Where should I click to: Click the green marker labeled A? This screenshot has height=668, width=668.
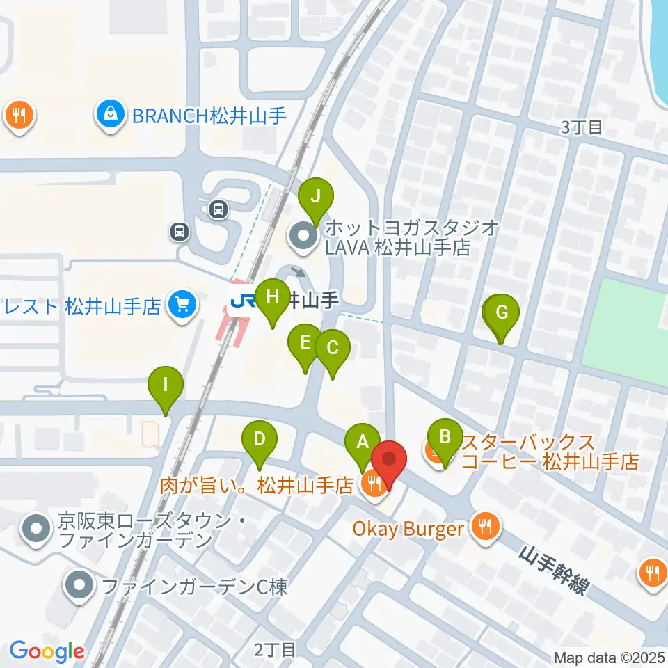tap(362, 443)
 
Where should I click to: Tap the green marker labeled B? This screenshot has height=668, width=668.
tap(444, 438)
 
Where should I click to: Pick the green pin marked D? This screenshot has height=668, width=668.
tap(259, 441)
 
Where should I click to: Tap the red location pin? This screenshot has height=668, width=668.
tap(389, 462)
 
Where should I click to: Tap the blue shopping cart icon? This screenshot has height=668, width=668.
tap(182, 305)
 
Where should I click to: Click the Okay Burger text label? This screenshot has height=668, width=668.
tap(408, 528)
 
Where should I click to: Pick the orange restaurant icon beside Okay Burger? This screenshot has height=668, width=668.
tap(484, 525)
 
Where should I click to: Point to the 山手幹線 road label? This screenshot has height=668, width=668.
tap(554, 568)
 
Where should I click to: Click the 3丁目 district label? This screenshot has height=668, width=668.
tap(581, 127)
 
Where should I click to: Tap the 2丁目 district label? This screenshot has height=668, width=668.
tap(274, 650)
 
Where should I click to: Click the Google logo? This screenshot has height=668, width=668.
tap(47, 651)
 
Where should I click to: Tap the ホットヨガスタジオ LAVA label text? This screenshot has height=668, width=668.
tap(404, 237)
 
